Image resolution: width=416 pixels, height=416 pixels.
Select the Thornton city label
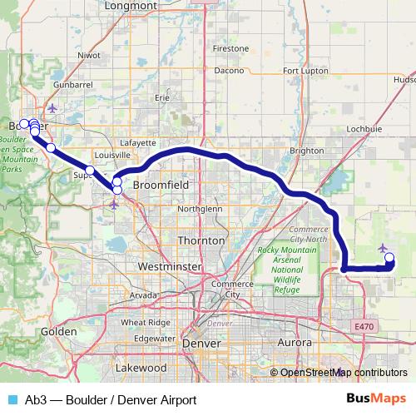coord(201,240)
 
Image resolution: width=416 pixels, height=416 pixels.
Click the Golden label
coord(58,331)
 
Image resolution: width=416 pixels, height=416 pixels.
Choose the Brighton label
coord(306,151)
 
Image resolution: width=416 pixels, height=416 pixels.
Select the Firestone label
coord(230,49)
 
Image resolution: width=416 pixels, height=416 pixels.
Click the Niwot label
coord(88,56)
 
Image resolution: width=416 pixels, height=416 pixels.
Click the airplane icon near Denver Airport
coord(383,248)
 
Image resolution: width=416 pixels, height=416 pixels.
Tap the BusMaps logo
coord(378,399)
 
